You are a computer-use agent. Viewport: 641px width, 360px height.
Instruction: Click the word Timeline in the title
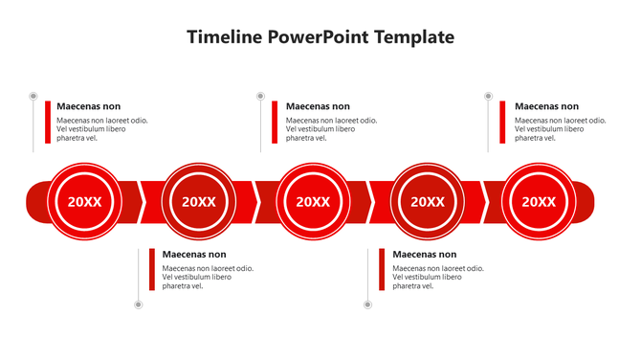[x=225, y=37]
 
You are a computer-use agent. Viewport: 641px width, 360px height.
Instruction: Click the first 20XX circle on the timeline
[x=85, y=201]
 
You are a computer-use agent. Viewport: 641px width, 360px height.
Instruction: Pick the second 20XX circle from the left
[x=199, y=201]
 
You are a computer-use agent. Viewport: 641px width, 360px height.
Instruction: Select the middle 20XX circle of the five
[x=313, y=201]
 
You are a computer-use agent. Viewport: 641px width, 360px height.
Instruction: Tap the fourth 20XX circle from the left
[x=428, y=201]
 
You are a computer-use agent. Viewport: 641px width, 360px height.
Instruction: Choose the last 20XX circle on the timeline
[x=539, y=201]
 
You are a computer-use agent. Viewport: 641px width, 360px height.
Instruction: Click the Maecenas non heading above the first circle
[x=89, y=106]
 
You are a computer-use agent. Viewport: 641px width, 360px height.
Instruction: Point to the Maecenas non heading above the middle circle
[x=318, y=106]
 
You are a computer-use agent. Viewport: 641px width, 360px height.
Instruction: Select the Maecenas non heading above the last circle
[x=546, y=106]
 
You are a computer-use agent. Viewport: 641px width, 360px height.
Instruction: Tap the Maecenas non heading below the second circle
[x=194, y=255]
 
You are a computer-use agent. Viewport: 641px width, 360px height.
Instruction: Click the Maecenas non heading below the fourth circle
[x=425, y=255]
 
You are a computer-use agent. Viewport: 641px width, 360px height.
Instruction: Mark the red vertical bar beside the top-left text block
[x=47, y=122]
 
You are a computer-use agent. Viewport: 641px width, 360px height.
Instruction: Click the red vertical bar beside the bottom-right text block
[x=382, y=270]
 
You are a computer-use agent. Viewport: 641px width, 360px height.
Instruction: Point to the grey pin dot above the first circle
[x=33, y=96]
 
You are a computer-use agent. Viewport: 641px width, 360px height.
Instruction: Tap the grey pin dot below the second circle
[x=138, y=304]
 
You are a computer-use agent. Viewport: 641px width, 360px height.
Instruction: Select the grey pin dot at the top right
[x=488, y=96]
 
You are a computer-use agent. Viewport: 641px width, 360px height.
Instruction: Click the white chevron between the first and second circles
[x=143, y=201]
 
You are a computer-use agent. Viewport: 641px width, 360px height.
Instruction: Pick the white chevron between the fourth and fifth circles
[x=484, y=201]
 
